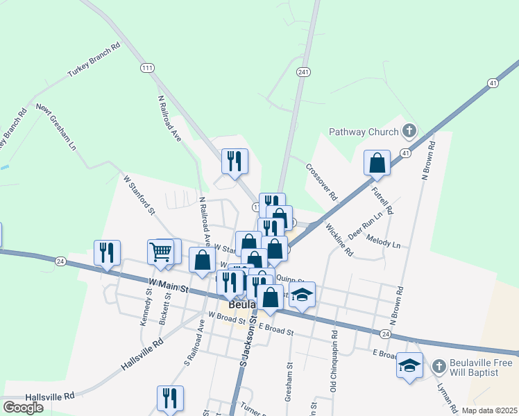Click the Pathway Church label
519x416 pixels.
click(364, 132)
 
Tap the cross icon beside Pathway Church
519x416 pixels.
click(410, 130)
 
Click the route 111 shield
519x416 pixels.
click(146, 67)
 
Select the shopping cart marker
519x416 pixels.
click(160, 254)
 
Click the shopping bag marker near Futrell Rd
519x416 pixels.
click(377, 163)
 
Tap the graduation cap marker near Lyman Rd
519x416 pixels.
click(409, 365)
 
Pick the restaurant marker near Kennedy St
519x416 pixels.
click(107, 254)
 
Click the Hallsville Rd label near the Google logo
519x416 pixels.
click(49, 397)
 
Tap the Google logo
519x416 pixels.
click(23, 408)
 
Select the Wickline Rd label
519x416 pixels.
click(339, 239)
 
